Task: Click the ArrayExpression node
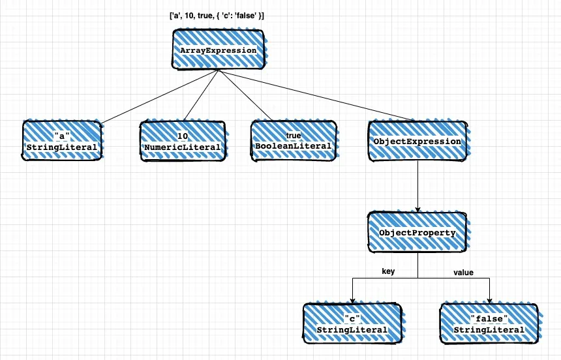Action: [219, 50]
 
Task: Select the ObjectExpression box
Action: [418, 141]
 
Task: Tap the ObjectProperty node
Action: [418, 232]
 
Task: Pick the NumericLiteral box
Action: [183, 141]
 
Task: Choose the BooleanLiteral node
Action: [294, 141]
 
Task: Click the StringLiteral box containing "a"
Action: [62, 141]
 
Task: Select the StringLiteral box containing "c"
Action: [353, 324]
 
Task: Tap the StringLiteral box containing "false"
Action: [489, 324]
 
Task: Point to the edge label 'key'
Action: [388, 271]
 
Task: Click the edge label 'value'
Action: [463, 273]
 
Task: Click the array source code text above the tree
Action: [217, 16]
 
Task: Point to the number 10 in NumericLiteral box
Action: [183, 136]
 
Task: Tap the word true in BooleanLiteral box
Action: [294, 136]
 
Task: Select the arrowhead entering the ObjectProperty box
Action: [418, 209]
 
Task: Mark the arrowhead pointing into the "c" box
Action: [352, 301]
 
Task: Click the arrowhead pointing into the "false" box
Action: [489, 301]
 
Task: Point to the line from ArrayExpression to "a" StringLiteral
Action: [160, 97]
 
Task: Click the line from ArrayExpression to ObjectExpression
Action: [315, 95]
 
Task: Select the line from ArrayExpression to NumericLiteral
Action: [201, 95]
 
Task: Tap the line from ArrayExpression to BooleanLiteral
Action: [245, 95]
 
